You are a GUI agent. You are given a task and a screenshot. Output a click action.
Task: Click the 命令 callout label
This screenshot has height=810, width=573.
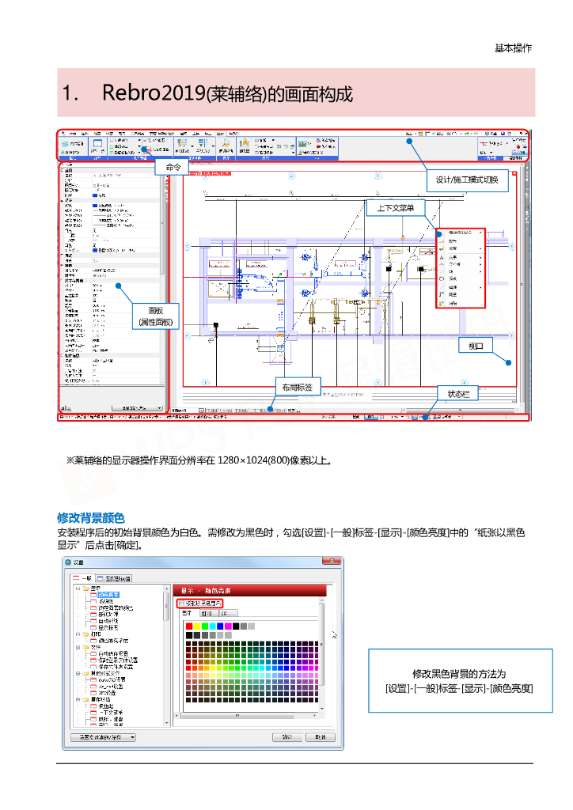(173, 167)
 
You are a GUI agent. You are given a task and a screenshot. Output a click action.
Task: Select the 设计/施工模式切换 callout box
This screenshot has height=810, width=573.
(467, 180)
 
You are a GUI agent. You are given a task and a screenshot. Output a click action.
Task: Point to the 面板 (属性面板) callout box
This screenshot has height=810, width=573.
(155, 316)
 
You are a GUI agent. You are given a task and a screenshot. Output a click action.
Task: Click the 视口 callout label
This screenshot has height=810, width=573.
(476, 346)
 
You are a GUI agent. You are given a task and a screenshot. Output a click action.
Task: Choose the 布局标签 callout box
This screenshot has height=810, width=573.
(298, 387)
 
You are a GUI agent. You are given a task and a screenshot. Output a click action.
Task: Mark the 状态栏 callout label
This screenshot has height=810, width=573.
(458, 393)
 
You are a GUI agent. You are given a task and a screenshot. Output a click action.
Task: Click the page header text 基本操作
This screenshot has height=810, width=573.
(513, 47)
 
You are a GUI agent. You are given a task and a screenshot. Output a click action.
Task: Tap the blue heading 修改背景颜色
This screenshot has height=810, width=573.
(90, 518)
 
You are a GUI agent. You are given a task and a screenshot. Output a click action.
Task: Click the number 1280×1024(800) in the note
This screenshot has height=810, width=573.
(256, 460)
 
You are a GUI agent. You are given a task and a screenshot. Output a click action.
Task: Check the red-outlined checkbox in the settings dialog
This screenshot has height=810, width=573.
(180, 603)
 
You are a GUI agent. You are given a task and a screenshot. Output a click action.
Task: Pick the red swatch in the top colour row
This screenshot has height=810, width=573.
(188, 626)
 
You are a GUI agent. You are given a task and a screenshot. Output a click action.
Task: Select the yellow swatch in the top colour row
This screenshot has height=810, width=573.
(197, 626)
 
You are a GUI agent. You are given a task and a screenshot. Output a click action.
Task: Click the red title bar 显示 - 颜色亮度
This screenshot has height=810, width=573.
(249, 590)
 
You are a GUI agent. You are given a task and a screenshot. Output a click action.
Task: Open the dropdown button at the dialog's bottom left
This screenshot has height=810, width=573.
(103, 737)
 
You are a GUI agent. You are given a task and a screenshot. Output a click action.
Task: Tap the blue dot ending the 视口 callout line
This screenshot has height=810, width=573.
(507, 362)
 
